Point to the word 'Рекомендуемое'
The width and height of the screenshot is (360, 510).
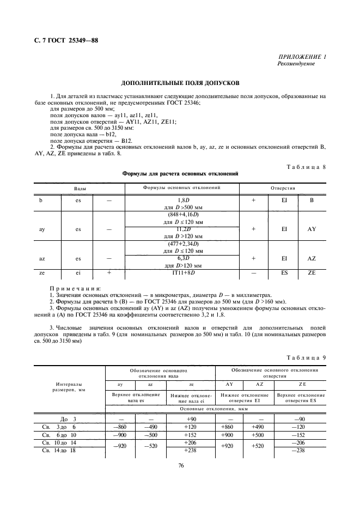coord(296,64)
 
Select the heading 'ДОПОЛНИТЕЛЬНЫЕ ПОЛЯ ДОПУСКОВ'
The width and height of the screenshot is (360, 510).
coord(180,84)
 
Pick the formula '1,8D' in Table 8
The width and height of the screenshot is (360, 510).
coord(182,201)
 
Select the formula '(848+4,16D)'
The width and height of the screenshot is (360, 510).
coord(182,216)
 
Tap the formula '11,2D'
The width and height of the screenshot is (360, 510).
coord(182,230)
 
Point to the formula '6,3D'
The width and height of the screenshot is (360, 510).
coord(182,258)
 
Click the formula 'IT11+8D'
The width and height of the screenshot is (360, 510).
coord(182,272)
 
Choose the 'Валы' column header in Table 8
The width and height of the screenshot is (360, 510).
coord(80,188)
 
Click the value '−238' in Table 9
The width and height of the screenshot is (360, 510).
coord(298,450)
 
